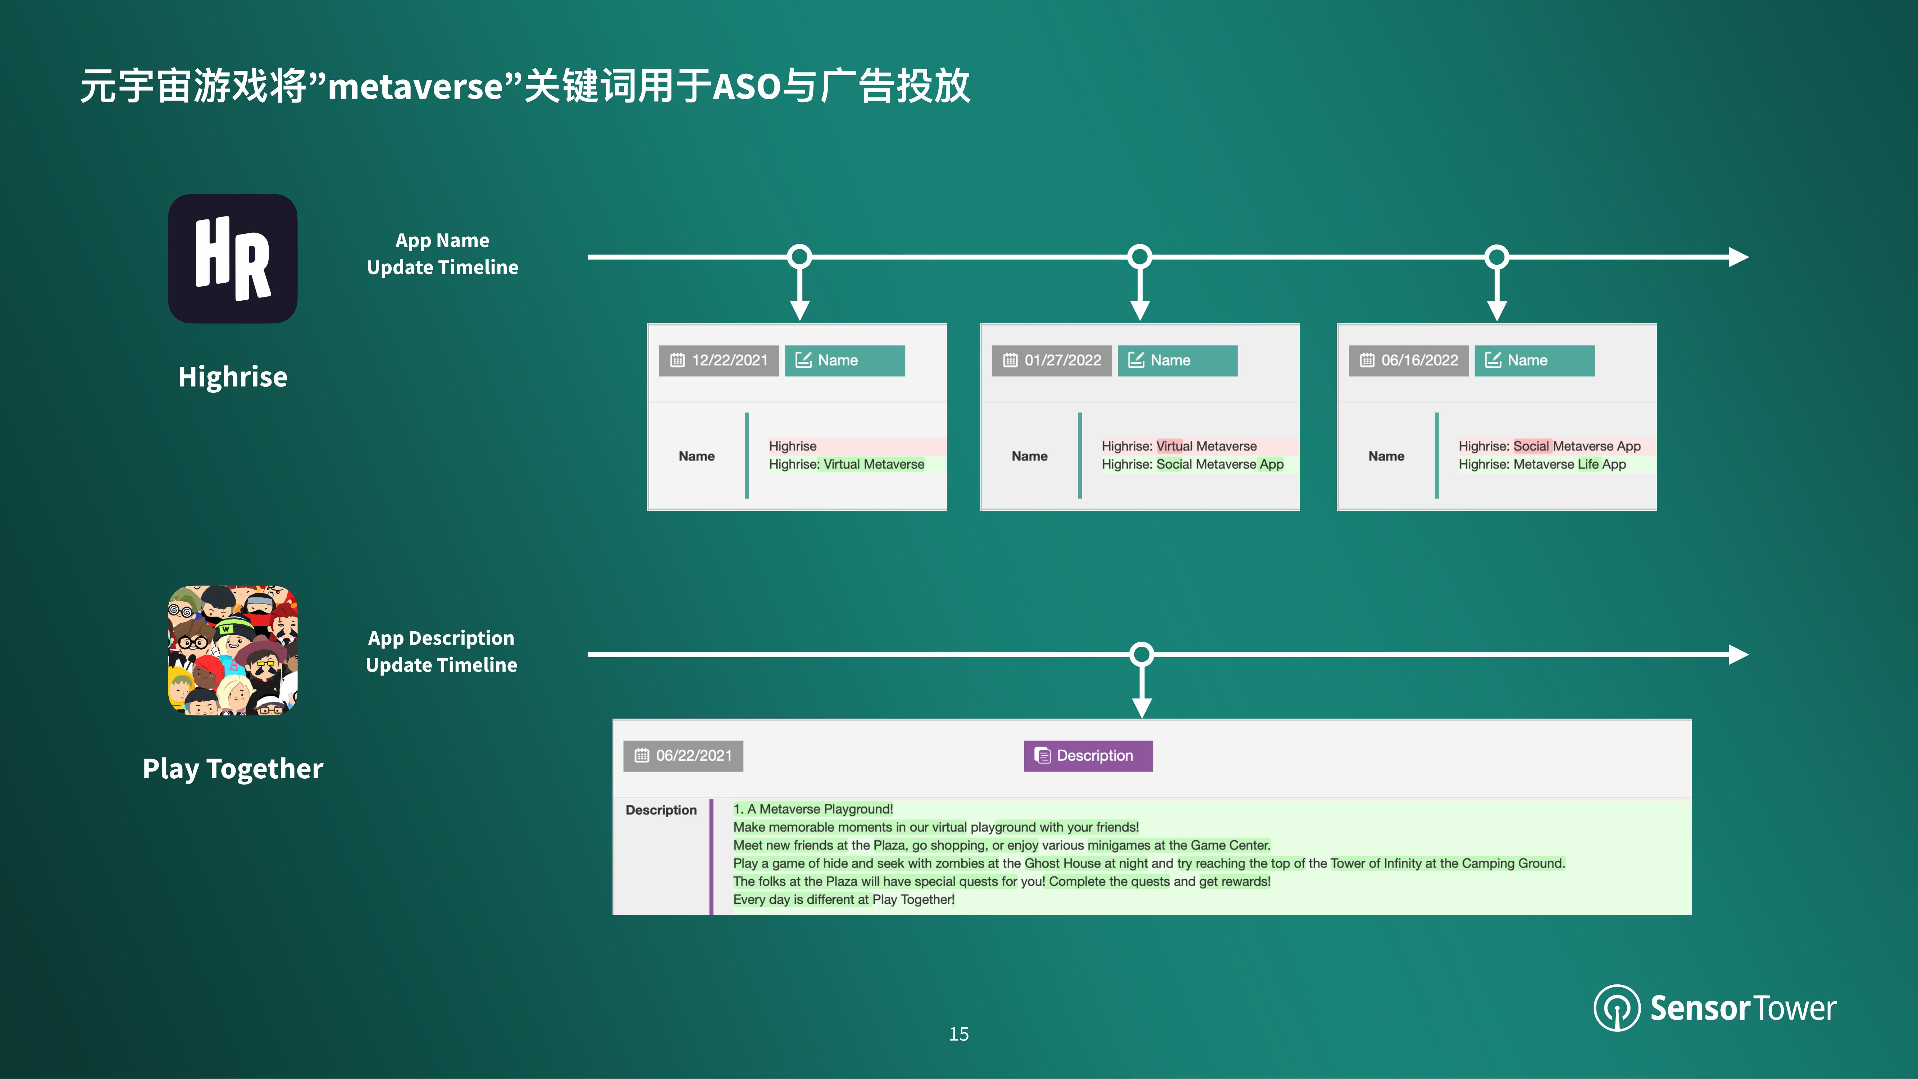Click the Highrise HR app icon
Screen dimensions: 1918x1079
tap(232, 258)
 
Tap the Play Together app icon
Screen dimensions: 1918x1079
tap(232, 650)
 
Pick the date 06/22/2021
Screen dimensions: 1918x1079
tap(683, 756)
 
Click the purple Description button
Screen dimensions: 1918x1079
tap(1088, 756)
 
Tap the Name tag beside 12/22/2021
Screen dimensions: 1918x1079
tap(844, 360)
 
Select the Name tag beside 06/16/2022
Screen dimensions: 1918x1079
tap(1534, 360)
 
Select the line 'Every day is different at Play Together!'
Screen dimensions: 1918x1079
tap(844, 900)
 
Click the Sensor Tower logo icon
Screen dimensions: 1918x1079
tap(1617, 1007)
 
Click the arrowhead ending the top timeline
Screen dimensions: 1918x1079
tap(1739, 257)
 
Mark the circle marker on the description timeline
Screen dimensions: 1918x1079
tap(1142, 655)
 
